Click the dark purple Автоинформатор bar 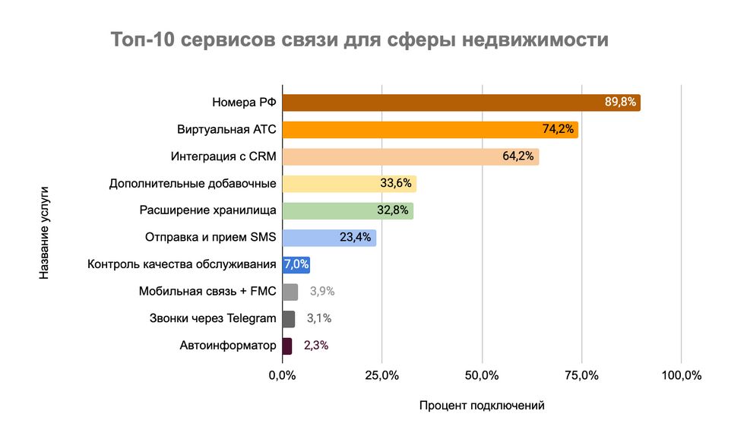tap(286, 346)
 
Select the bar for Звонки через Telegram tap(288, 318)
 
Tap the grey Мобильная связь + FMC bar tap(290, 292)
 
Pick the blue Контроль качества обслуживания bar tap(296, 264)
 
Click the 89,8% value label tap(620, 102)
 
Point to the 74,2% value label tap(558, 129)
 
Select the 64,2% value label tap(519, 156)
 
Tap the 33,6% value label tap(396, 183)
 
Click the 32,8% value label tap(393, 210)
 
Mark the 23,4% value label tap(355, 237)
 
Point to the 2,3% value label tap(316, 346)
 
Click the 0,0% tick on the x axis tap(282, 376)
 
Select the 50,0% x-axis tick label tap(482, 376)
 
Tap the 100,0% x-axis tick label tap(681, 376)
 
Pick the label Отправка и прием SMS tap(210, 238)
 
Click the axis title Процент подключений tap(482, 406)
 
